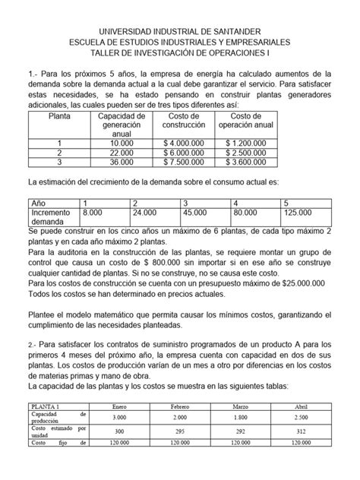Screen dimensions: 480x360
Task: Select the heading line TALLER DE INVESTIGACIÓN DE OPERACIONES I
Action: pyautogui.click(x=180, y=52)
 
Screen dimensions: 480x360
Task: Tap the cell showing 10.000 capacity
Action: pyautogui.click(x=121, y=142)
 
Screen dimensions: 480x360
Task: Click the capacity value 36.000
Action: pyautogui.click(x=121, y=162)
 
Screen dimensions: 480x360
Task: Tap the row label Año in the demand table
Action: pyautogui.click(x=38, y=204)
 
